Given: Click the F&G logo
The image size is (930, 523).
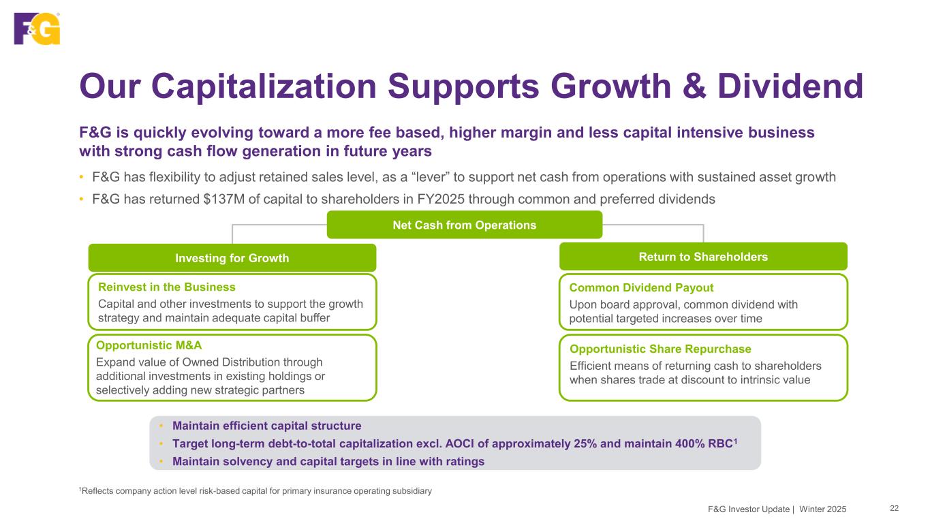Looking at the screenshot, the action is [x=37, y=28].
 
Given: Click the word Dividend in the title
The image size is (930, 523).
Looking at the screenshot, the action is [x=790, y=86].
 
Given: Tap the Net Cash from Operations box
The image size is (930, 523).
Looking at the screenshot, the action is [x=465, y=225].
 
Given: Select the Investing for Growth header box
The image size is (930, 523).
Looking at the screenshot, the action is [x=232, y=258].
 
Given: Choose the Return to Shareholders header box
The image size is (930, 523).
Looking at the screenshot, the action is [x=703, y=257].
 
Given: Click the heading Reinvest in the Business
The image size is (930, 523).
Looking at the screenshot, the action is [x=167, y=287].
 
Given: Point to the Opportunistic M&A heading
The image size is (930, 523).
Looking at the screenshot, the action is [x=149, y=345].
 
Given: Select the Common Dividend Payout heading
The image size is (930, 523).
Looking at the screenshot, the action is [x=641, y=287].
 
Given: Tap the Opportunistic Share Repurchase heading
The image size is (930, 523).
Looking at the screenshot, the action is [x=661, y=349].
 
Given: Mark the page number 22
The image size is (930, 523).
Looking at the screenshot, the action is [x=895, y=508].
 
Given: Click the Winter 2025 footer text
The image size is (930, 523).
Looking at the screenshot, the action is [x=823, y=509].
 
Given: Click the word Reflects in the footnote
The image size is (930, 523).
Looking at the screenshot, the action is [x=97, y=491].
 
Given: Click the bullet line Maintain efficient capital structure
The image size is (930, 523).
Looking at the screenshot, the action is [x=267, y=426].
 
